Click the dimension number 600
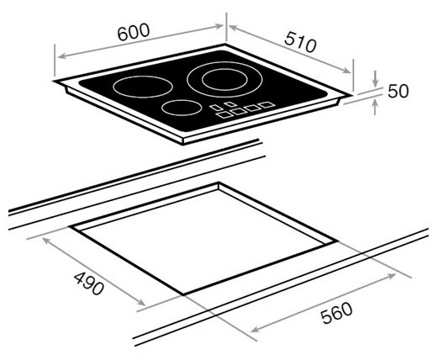(x=134, y=32)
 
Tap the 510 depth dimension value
(x=300, y=42)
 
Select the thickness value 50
(x=398, y=91)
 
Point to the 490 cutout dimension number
(x=89, y=283)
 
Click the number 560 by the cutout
(x=336, y=313)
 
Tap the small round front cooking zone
(x=182, y=108)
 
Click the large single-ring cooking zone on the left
(x=143, y=87)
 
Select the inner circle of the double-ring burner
(x=224, y=80)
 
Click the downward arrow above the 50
(x=376, y=78)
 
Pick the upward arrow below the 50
(x=376, y=107)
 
